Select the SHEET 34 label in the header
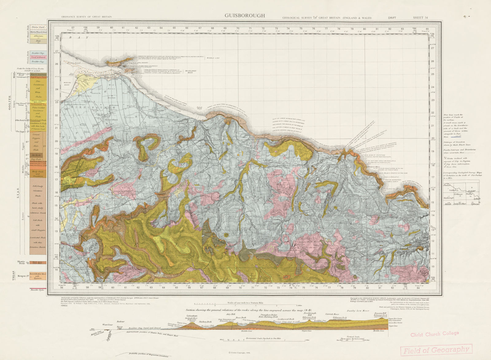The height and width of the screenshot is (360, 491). [x=420, y=18]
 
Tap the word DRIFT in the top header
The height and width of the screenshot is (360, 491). [x=392, y=18]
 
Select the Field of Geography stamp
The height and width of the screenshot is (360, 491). [x=436, y=350]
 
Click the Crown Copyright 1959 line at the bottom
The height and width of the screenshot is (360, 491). [x=242, y=353]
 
